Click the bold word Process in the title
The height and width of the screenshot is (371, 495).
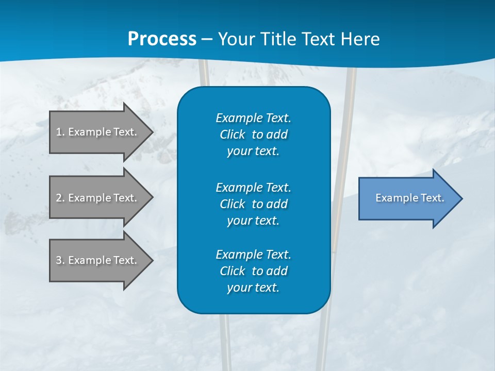162,39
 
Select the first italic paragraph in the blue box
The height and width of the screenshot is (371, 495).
253,134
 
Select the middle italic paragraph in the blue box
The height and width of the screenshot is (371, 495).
253,204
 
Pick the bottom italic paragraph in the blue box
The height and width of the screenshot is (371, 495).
253,271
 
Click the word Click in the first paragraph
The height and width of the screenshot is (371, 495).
232,134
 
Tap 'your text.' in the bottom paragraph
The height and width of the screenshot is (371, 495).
253,288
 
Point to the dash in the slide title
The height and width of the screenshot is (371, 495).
207,39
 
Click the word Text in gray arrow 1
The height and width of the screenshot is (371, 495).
125,132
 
